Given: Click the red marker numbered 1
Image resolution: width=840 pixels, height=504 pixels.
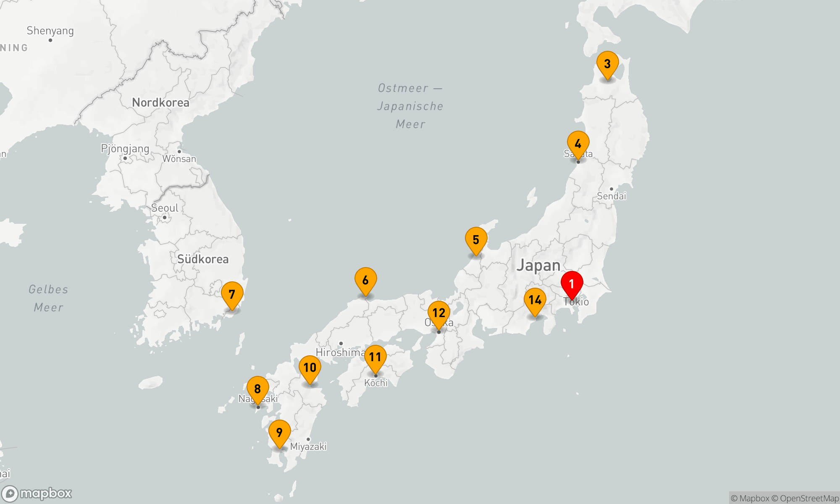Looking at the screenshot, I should tap(572, 284).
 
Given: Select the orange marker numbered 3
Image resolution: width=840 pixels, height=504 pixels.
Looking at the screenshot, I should tap(607, 64).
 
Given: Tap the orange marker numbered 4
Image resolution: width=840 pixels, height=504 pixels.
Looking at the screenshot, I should tap(578, 144).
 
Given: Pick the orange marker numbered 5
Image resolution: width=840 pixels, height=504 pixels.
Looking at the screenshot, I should tap(476, 240).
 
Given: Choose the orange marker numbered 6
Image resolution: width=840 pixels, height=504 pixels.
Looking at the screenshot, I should tap(365, 280).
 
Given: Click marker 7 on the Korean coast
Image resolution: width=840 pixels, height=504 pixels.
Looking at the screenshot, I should tap(232, 294).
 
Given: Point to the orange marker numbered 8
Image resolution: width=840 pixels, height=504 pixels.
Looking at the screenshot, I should tap(257, 389).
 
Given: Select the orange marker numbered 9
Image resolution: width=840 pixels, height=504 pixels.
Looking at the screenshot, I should tap(279, 433).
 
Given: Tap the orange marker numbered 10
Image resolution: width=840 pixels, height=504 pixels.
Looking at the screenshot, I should tap(310, 368).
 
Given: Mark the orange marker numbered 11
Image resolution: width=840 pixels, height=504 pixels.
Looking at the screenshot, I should tap(375, 357).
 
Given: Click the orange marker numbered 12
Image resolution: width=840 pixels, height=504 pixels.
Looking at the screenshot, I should tap(438, 313).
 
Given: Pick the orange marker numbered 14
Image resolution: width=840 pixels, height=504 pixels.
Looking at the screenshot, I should tap(535, 300).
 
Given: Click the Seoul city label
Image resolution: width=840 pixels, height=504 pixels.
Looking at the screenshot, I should tap(165, 208).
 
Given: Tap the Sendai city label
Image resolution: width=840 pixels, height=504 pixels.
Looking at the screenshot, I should tap(612, 196).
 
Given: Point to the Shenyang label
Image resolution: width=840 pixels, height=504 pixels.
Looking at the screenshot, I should tap(50, 31).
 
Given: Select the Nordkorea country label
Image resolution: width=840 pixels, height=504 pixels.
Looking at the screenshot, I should tap(160, 102).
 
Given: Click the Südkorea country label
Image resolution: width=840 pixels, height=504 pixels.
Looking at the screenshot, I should tap(203, 259).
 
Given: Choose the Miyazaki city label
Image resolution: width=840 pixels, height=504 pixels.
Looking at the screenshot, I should tap(308, 446).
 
